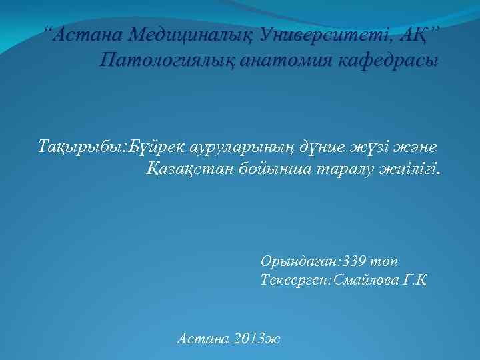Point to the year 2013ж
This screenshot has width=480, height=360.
pos(257,338)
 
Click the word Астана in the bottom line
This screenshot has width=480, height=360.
pos(202,338)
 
